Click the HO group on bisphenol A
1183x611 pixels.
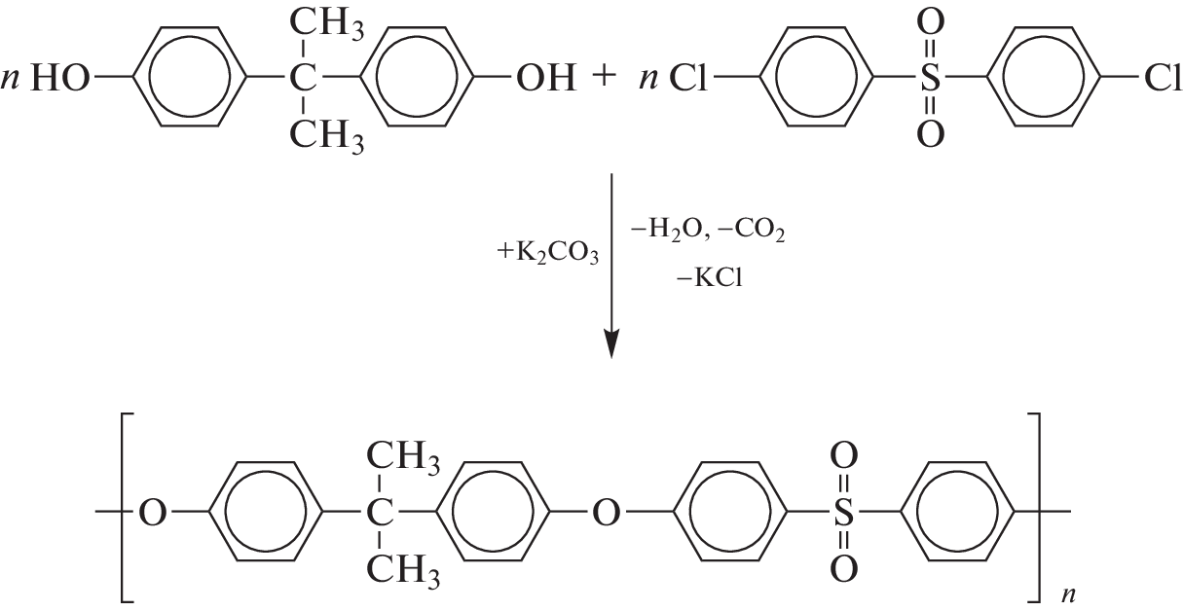point(60,78)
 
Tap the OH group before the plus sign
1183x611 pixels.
point(545,78)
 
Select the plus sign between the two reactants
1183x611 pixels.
point(605,77)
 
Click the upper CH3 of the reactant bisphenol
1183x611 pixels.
point(327,24)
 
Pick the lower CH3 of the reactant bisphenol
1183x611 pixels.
point(327,135)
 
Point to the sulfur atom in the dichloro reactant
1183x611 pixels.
point(930,78)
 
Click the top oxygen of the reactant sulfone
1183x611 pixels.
point(930,22)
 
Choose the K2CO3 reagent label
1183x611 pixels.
point(547,252)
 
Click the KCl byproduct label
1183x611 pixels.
point(710,277)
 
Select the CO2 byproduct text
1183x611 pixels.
point(752,231)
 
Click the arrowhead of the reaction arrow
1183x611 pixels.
point(611,343)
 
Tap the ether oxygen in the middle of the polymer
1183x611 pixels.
point(607,512)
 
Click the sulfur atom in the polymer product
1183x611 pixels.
point(843,512)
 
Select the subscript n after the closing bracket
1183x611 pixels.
point(1068,594)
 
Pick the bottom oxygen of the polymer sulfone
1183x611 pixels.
point(843,568)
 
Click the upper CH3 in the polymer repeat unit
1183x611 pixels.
point(403,457)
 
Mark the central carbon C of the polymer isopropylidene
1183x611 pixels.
point(380,512)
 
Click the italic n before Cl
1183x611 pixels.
point(649,79)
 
